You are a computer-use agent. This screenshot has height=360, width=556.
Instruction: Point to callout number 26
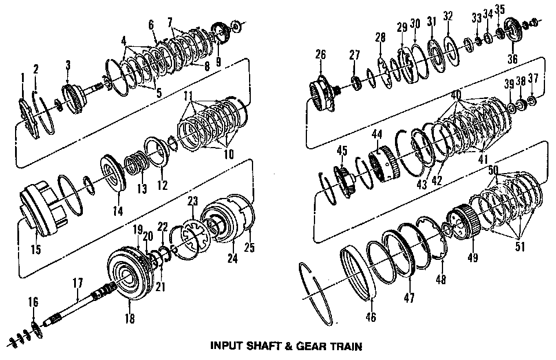tap(321, 55)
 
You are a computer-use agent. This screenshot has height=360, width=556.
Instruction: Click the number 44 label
tap(377, 134)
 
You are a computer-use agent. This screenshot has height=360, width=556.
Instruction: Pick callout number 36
tap(512, 58)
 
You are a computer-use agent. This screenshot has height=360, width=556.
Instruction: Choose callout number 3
tap(68, 65)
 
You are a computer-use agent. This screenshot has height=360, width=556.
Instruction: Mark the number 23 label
tap(193, 202)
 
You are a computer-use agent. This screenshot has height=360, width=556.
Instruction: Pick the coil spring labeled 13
tap(137, 161)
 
